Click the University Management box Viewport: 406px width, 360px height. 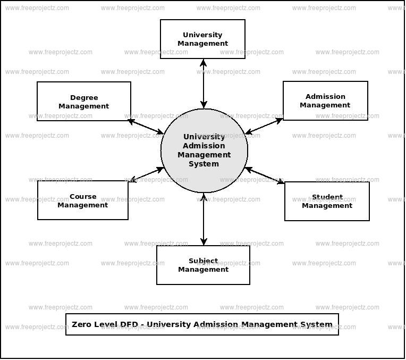[x=202, y=39]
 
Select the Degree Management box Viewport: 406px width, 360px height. [x=83, y=101]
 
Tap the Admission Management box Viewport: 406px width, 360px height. [x=325, y=101]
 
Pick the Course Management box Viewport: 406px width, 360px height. [x=82, y=200]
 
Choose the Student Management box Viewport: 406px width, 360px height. [x=327, y=201]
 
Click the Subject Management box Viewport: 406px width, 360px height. [x=203, y=265]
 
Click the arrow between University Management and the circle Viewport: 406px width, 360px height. [x=204, y=83]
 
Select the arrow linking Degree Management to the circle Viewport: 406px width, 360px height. [x=146, y=127]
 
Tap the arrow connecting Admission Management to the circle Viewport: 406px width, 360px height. [x=264, y=126]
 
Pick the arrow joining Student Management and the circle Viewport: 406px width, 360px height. [x=265, y=175]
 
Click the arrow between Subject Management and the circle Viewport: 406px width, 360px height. [x=204, y=219]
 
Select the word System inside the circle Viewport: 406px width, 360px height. [x=204, y=164]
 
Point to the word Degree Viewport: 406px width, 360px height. [x=84, y=97]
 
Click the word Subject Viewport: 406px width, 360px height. [x=203, y=261]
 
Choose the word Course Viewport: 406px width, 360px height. [x=83, y=196]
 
